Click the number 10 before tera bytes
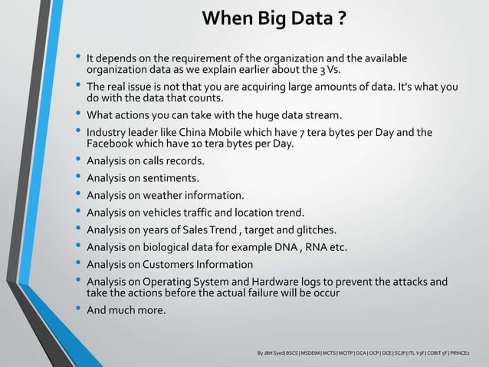tap(188, 144)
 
